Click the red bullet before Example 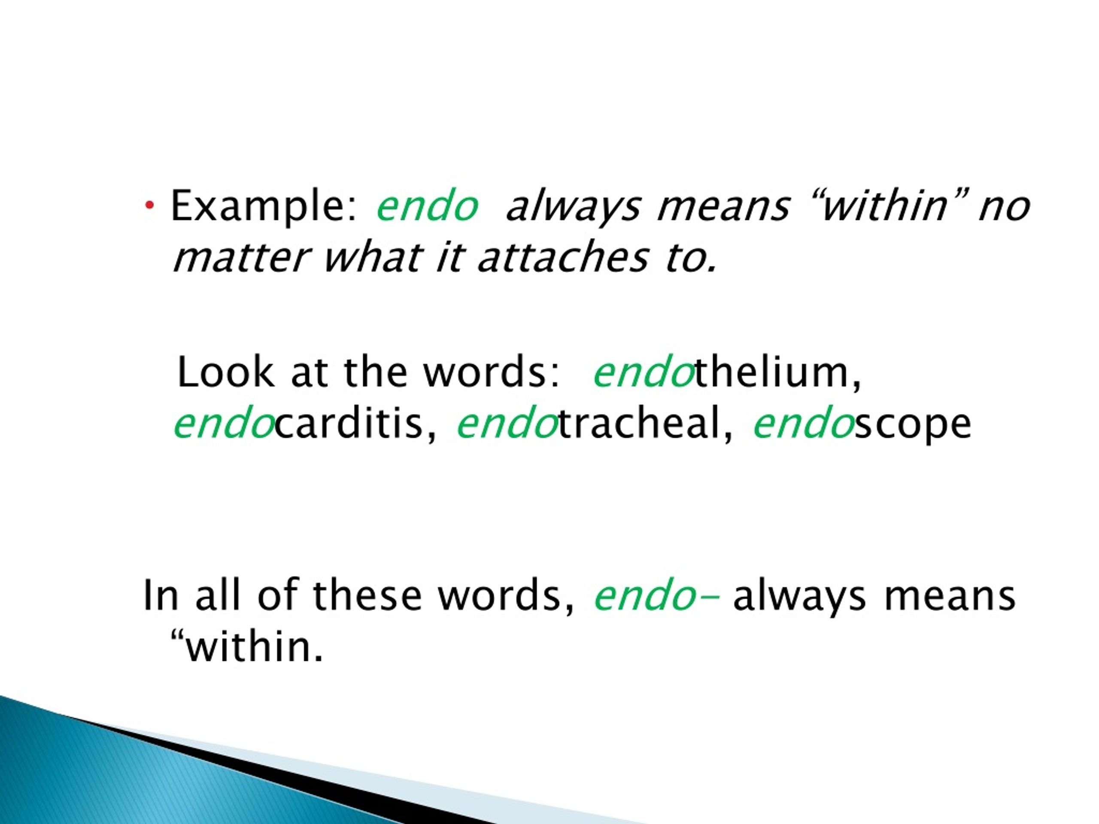click(149, 205)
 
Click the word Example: click(263, 206)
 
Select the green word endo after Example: click(427, 206)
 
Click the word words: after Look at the click(492, 373)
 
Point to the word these click(367, 596)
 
